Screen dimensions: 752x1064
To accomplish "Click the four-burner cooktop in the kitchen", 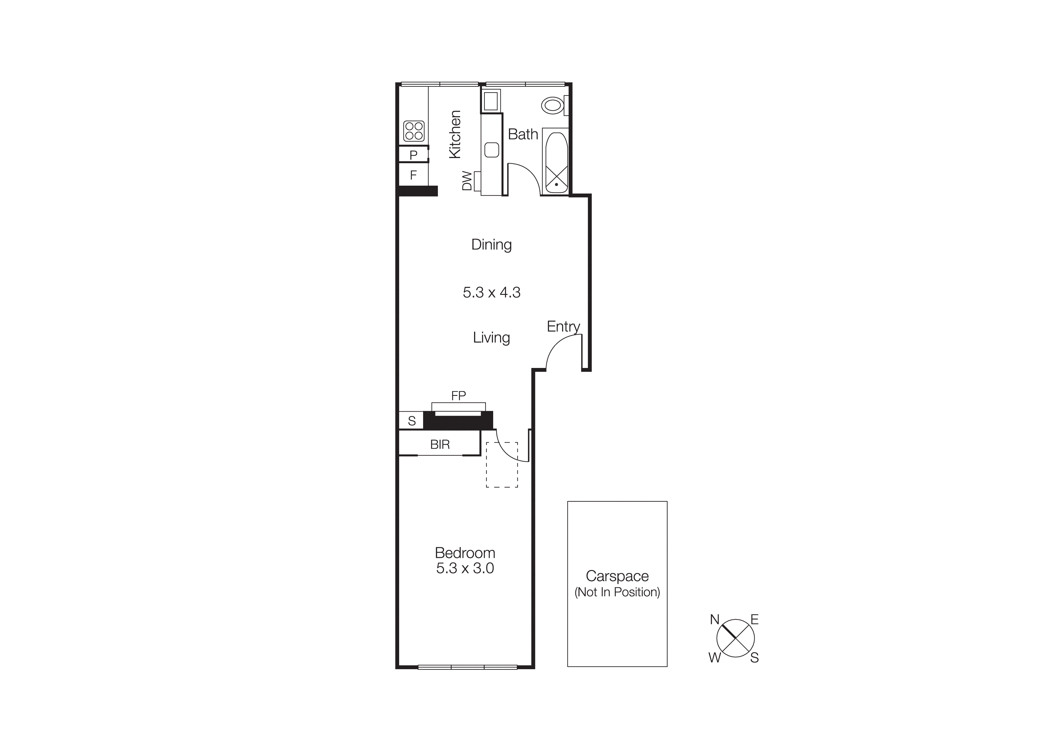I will click(x=414, y=131).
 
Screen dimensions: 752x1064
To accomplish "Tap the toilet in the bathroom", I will click(x=553, y=105).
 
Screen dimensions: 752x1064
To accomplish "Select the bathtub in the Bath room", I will click(x=556, y=162).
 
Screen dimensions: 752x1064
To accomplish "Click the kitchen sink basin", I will click(x=492, y=150).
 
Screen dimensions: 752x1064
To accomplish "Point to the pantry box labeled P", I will click(x=413, y=155).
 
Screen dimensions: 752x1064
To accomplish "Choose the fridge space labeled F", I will click(x=413, y=175).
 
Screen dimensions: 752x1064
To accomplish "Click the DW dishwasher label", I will click(x=467, y=181).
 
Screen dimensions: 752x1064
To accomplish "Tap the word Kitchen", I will click(x=455, y=134).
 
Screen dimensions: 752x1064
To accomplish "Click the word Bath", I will click(x=523, y=134).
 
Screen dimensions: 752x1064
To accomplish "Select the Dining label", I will click(x=491, y=244).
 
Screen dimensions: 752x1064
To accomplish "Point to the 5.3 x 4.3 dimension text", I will click(x=491, y=292).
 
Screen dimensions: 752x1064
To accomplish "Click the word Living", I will click(x=491, y=337).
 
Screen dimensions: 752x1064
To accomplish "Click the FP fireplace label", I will click(x=458, y=396).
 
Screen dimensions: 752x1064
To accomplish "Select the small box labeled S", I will click(x=412, y=421).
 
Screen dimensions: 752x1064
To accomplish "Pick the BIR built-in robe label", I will click(x=440, y=445).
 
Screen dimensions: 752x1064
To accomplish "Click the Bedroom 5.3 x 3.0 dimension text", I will click(x=465, y=568).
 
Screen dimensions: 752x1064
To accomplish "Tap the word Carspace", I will click(x=617, y=576).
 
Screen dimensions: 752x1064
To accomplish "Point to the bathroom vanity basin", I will click(x=491, y=101).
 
